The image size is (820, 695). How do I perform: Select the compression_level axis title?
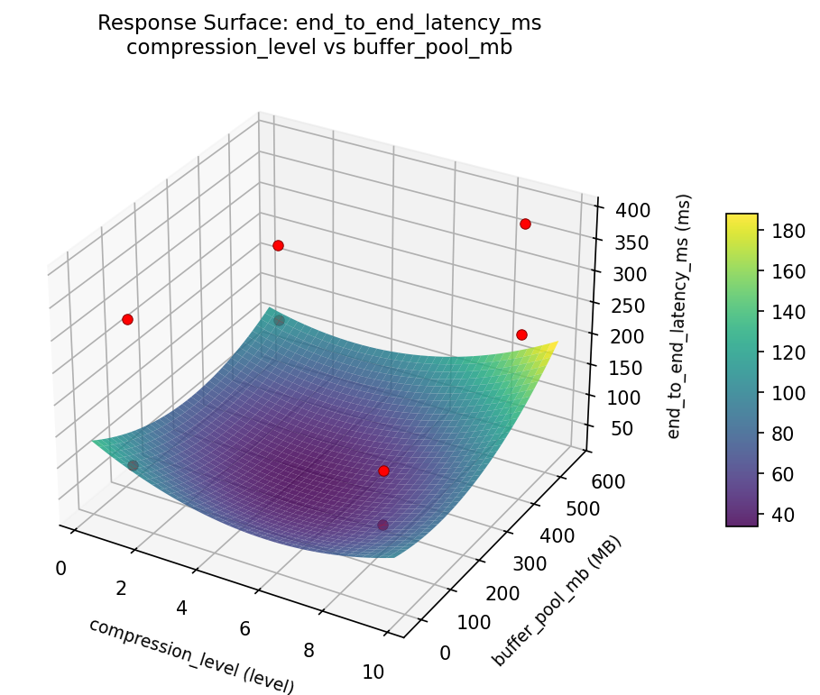click(191, 655)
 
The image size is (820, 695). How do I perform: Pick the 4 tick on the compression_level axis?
click(181, 608)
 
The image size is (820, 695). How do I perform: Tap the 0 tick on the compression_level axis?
click(60, 568)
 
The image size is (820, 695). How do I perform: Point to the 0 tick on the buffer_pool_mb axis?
click(445, 653)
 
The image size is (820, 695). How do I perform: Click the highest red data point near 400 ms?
click(524, 224)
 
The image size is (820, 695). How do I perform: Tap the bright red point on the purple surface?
click(383, 471)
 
